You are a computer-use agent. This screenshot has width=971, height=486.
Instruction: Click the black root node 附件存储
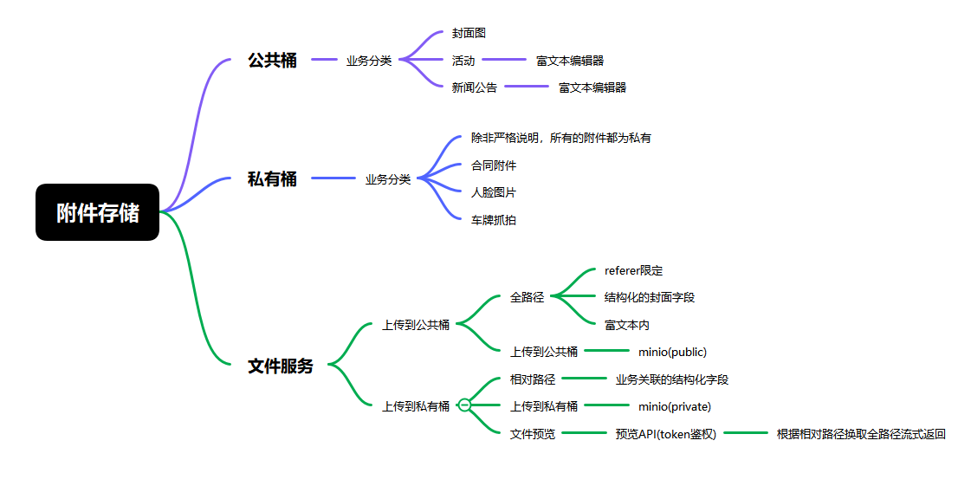coord(97,212)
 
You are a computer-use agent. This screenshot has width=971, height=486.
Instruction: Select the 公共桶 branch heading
coord(272,61)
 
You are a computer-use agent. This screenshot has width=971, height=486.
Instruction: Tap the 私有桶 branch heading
coord(272,179)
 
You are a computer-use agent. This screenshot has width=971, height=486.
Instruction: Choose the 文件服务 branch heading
coord(281,366)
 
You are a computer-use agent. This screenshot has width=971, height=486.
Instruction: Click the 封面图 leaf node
coord(469,33)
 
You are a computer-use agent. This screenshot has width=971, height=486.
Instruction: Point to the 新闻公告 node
coord(475,87)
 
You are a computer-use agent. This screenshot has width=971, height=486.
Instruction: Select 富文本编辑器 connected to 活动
coord(569,61)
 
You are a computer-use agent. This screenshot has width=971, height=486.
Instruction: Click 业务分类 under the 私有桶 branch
coord(388,179)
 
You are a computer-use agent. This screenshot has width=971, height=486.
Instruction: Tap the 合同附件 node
coord(494,165)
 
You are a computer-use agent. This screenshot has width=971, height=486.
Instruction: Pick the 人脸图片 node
coord(494,192)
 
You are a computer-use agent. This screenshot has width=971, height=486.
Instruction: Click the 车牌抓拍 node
coord(494,220)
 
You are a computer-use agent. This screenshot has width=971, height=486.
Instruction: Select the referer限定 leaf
coord(633,270)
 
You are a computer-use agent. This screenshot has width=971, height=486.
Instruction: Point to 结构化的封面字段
coord(650,297)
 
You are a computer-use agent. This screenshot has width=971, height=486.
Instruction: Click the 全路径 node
coord(528,297)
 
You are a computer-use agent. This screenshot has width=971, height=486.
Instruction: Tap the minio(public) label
coord(672,352)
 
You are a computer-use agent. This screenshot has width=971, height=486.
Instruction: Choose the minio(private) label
coord(674,406)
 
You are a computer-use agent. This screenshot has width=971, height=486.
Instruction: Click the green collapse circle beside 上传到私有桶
coord(464,405)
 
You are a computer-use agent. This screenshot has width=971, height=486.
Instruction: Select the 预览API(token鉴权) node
coord(666,434)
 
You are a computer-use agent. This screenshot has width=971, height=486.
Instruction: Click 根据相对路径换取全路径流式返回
coord(861,434)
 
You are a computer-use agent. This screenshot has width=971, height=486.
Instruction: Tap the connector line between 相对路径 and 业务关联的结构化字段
coord(585,379)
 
